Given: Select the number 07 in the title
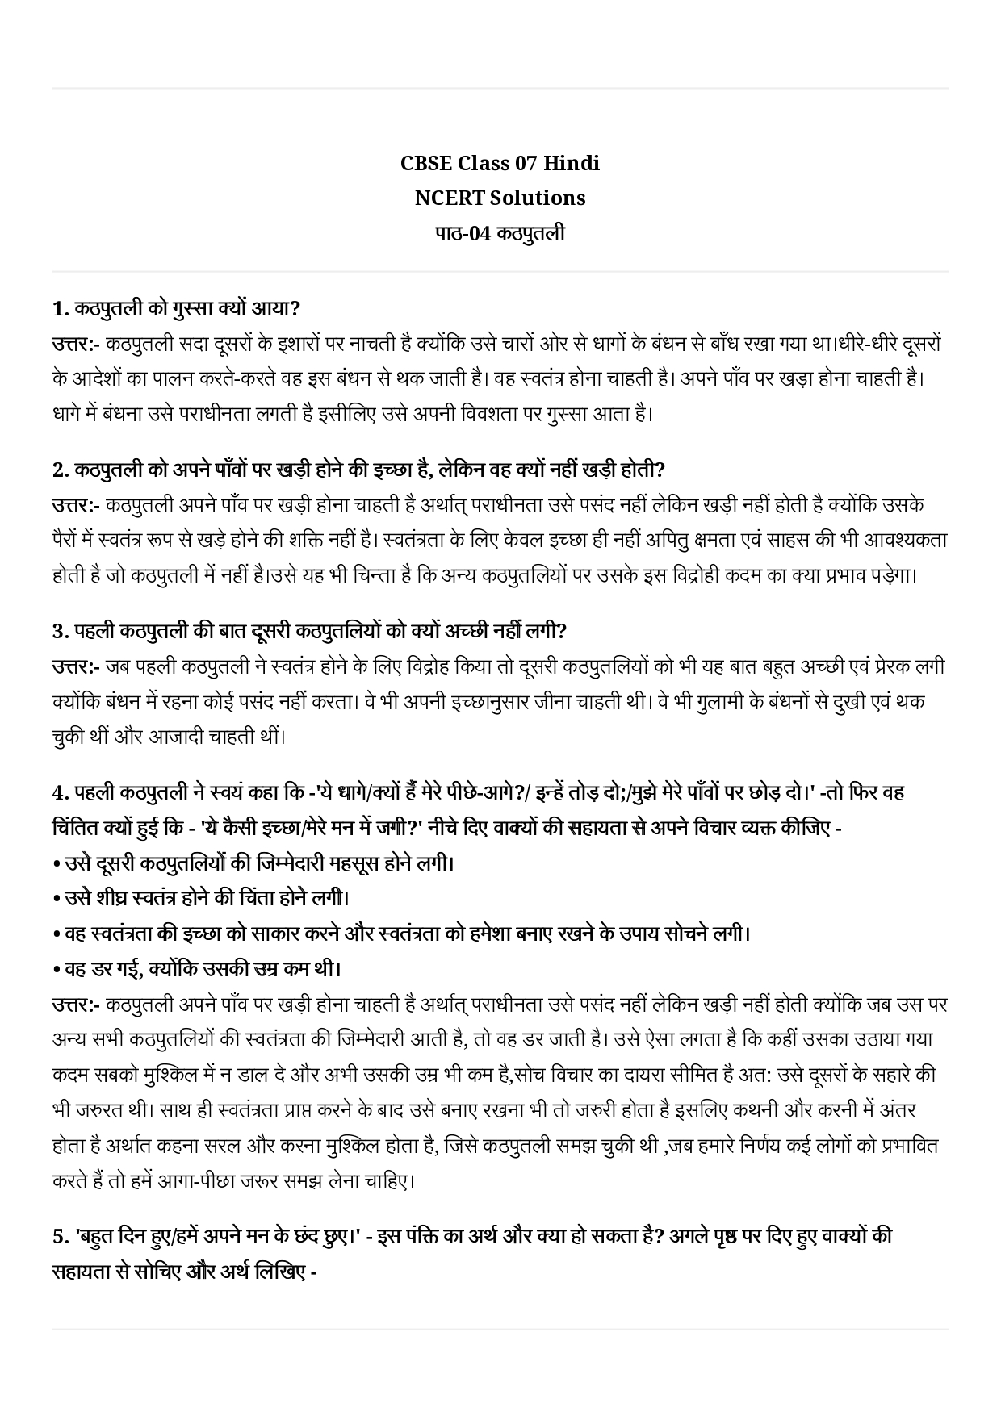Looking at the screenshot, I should pyautogui.click(x=525, y=163).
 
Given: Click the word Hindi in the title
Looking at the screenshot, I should pyautogui.click(x=572, y=163).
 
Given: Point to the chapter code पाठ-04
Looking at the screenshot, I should pyautogui.click(x=463, y=234).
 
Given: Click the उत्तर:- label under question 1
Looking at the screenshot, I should pyautogui.click(x=75, y=345).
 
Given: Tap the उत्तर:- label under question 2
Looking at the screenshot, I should pyautogui.click(x=75, y=506).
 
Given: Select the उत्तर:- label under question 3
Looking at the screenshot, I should pyautogui.click(x=75, y=667).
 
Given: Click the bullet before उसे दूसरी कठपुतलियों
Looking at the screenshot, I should pyautogui.click(x=57, y=864).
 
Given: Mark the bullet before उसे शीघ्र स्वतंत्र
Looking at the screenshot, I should pyautogui.click(x=57, y=899).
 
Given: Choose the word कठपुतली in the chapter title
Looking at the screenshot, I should pyautogui.click(x=531, y=234).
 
